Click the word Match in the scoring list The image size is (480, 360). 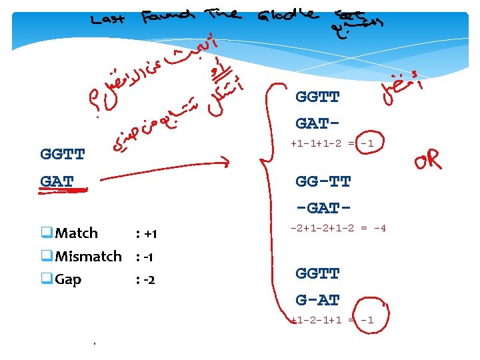(76, 233)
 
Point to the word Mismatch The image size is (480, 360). (88, 256)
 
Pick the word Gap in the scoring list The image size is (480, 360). (68, 279)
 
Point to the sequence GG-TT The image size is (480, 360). (323, 181)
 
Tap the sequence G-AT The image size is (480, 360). (318, 300)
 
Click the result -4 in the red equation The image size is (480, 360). (379, 228)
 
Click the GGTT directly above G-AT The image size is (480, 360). (318, 273)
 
